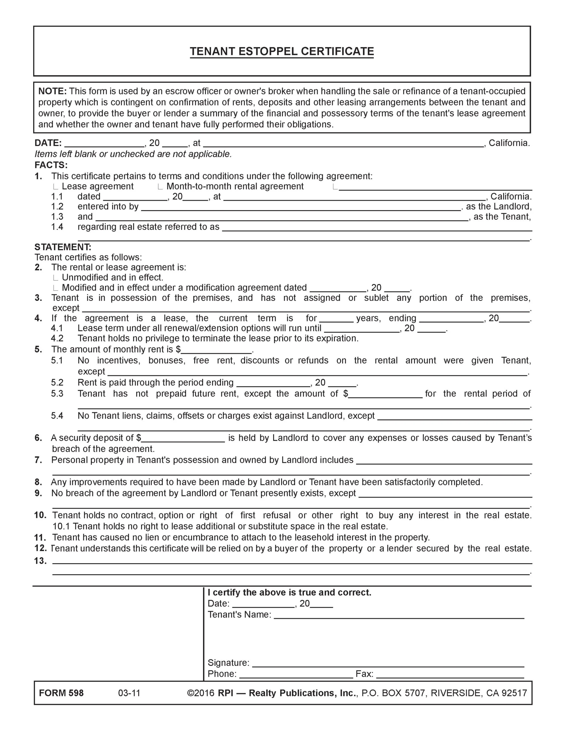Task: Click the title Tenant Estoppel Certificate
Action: (282, 52)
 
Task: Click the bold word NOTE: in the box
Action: (52, 91)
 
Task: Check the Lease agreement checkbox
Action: (56, 187)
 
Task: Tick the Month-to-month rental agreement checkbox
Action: (161, 187)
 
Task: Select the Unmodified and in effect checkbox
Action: (56, 278)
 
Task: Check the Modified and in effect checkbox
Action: (56, 288)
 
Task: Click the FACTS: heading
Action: (51, 165)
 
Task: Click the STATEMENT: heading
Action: (63, 247)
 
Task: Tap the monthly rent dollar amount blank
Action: (216, 350)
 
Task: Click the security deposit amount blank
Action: (183, 438)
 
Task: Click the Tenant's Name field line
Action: (399, 615)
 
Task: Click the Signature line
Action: (388, 664)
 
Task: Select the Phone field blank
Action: (296, 674)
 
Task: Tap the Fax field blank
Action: (450, 674)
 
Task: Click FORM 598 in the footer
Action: (61, 693)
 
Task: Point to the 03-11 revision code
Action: (129, 693)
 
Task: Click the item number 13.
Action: (40, 561)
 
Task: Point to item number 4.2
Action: (57, 338)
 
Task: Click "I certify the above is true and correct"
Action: (289, 593)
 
